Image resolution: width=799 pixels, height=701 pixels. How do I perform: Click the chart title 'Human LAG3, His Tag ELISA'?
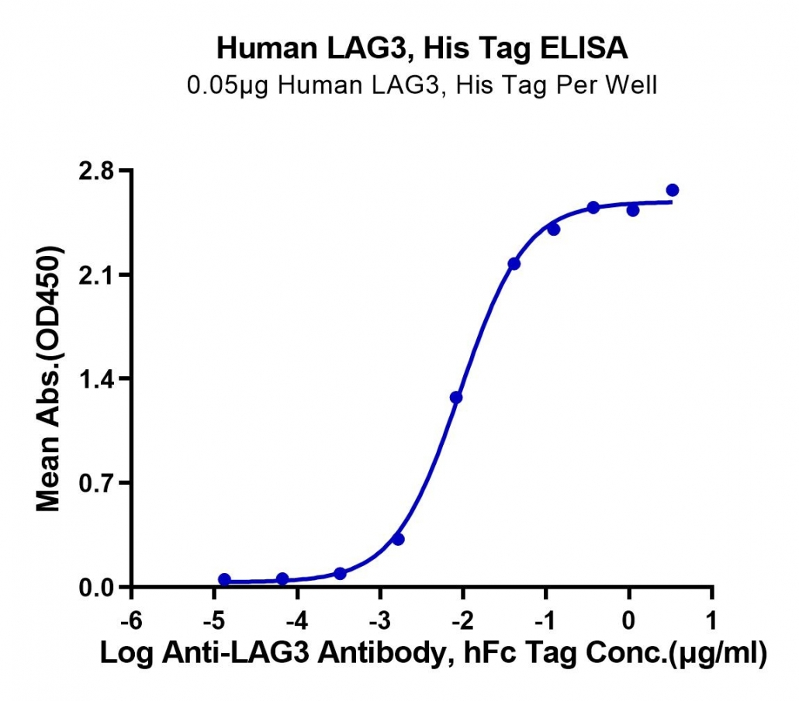pyautogui.click(x=422, y=48)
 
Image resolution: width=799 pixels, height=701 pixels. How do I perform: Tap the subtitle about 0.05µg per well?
pyautogui.click(x=422, y=85)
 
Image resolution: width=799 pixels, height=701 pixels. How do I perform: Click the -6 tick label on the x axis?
pyautogui.click(x=131, y=621)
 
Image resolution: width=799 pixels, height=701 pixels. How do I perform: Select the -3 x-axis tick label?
pyautogui.click(x=380, y=621)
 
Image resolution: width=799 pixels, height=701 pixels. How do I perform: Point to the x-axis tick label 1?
pyautogui.click(x=712, y=621)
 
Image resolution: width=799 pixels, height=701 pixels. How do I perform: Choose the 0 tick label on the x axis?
pyautogui.click(x=629, y=621)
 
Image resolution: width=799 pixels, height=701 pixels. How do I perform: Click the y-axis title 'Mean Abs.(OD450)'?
pyautogui.click(x=49, y=378)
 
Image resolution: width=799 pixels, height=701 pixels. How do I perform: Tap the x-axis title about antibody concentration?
pyautogui.click(x=433, y=653)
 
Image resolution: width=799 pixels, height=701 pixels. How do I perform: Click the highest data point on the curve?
pyautogui.click(x=672, y=191)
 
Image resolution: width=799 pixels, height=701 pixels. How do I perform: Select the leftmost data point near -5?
pyautogui.click(x=224, y=579)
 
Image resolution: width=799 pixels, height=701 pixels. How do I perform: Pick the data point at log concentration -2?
pyautogui.click(x=456, y=397)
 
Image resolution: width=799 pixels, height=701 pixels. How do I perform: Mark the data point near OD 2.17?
pyautogui.click(x=514, y=264)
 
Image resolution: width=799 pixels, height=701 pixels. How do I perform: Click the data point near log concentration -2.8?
pyautogui.click(x=399, y=539)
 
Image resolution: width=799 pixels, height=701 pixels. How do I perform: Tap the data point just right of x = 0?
pyautogui.click(x=633, y=210)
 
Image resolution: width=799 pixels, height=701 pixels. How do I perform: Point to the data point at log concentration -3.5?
pyautogui.click(x=341, y=574)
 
